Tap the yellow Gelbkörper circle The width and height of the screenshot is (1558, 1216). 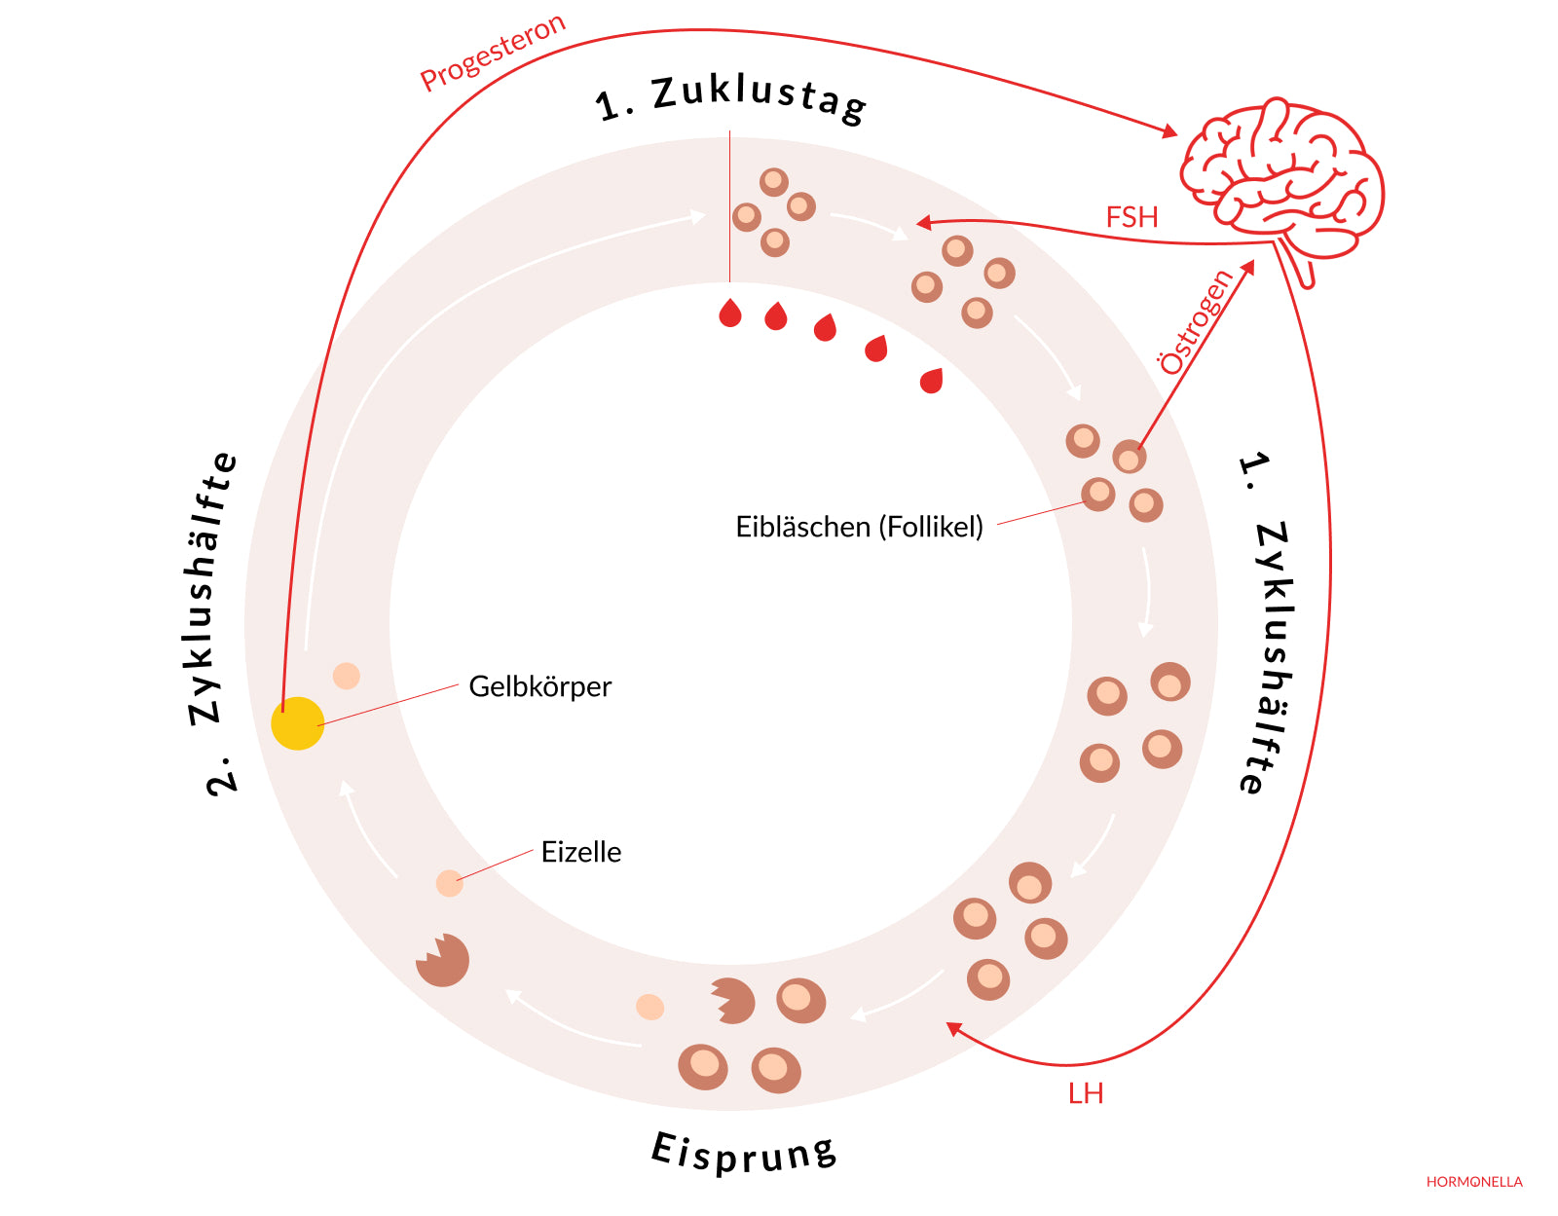click(x=297, y=723)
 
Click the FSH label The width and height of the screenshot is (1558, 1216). click(x=1131, y=217)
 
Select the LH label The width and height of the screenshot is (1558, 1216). click(x=1085, y=1093)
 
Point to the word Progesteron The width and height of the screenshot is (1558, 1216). click(x=493, y=53)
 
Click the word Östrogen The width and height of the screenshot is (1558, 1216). click(x=1197, y=321)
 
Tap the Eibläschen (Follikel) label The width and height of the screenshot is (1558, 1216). click(x=859, y=527)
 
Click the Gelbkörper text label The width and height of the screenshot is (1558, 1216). click(x=539, y=686)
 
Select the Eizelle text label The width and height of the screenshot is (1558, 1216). click(x=580, y=852)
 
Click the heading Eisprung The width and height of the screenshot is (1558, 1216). click(x=744, y=1153)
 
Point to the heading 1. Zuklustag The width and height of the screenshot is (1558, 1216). click(x=730, y=97)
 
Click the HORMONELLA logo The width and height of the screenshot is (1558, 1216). click(x=1473, y=1182)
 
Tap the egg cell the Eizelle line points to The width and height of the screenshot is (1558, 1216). click(x=449, y=883)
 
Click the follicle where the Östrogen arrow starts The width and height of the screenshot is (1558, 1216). click(x=1130, y=457)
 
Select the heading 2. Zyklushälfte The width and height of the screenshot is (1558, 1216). click(x=212, y=623)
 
